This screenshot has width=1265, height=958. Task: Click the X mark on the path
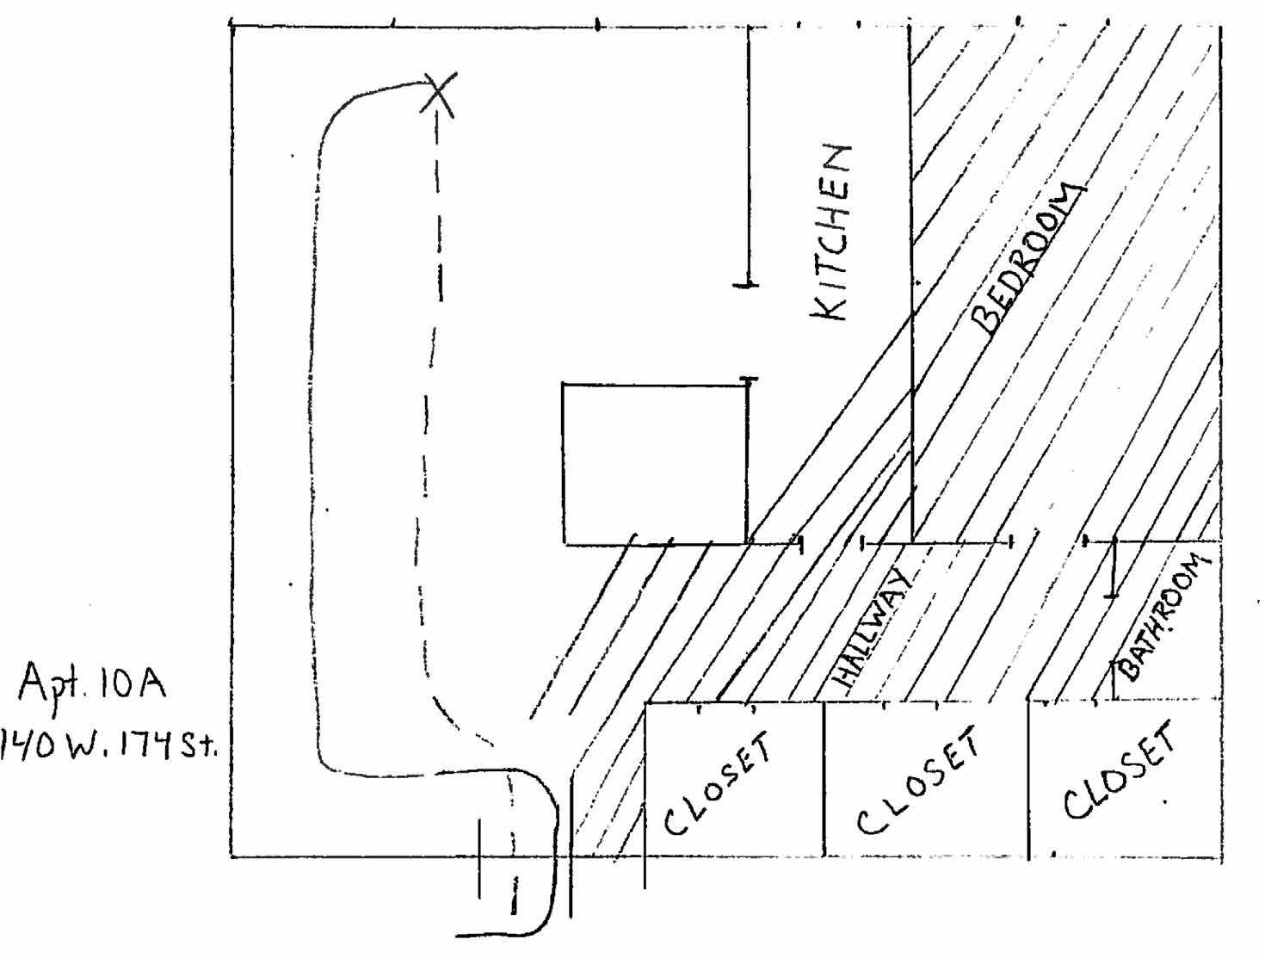click(439, 93)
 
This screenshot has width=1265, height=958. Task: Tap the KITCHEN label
click(832, 232)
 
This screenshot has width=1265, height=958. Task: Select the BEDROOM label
click(1026, 258)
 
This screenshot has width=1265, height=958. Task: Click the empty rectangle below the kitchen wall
click(654, 463)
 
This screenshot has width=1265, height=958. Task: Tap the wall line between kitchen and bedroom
click(910, 284)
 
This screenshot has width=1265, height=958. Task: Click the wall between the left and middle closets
click(824, 779)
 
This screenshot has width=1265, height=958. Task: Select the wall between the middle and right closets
click(1028, 779)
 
